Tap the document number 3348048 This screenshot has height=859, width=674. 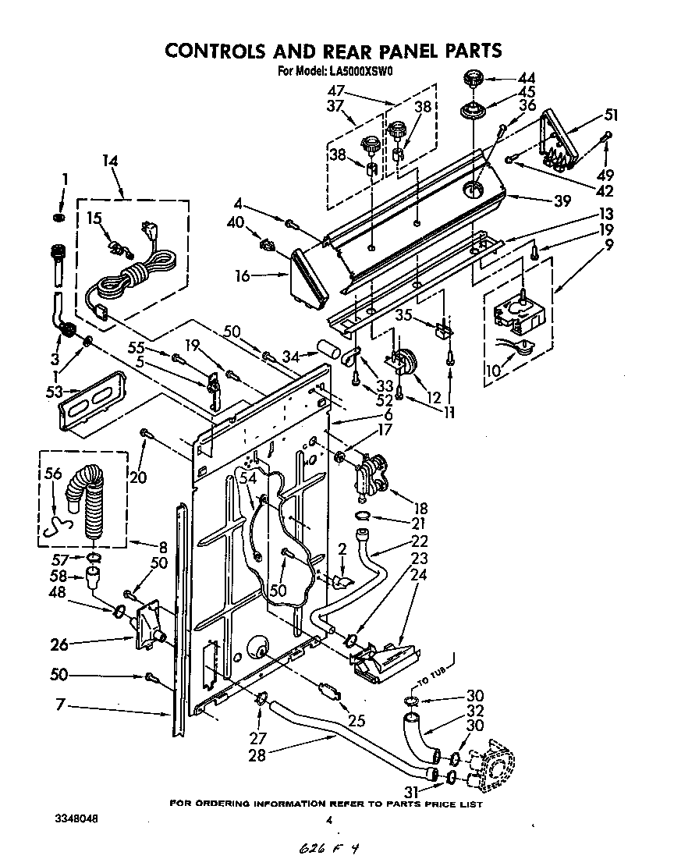(76, 819)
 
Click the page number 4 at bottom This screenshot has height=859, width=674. (330, 820)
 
